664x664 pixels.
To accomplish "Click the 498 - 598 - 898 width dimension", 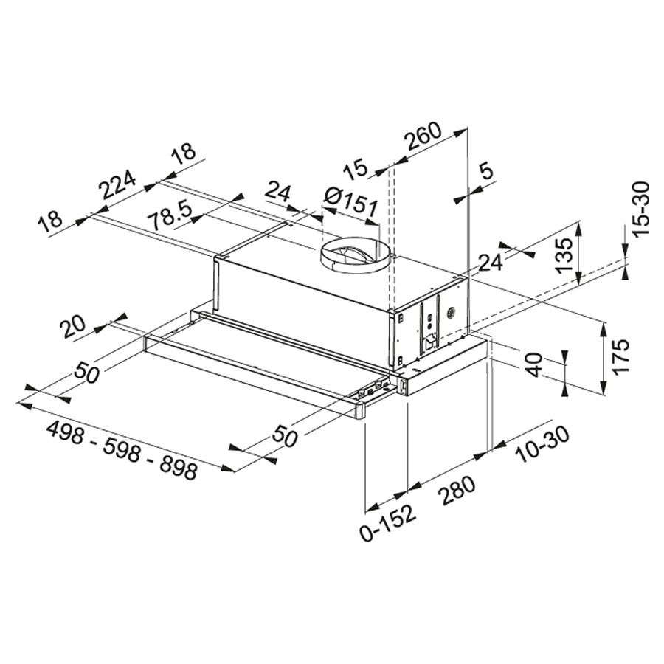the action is pyautogui.click(x=122, y=450).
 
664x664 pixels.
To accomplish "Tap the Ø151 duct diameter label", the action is pyautogui.click(x=350, y=202).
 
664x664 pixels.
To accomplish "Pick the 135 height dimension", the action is pyautogui.click(x=564, y=256).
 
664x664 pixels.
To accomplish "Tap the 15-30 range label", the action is pyautogui.click(x=640, y=210).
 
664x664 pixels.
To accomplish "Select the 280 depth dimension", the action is pyautogui.click(x=457, y=491).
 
